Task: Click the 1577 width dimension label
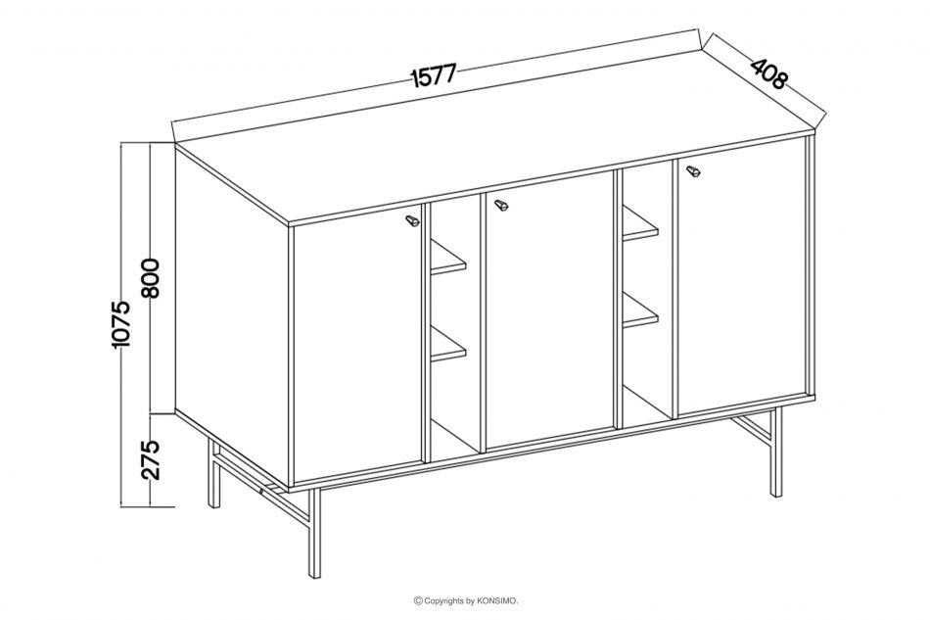point(434,75)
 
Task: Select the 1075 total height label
point(121,323)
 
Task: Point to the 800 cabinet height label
point(151,278)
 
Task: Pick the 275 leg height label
point(151,459)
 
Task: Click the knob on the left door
point(411,222)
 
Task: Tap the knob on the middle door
point(502,205)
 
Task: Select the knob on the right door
point(693,171)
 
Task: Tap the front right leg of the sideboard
point(775,452)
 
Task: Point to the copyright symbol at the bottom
point(418,601)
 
